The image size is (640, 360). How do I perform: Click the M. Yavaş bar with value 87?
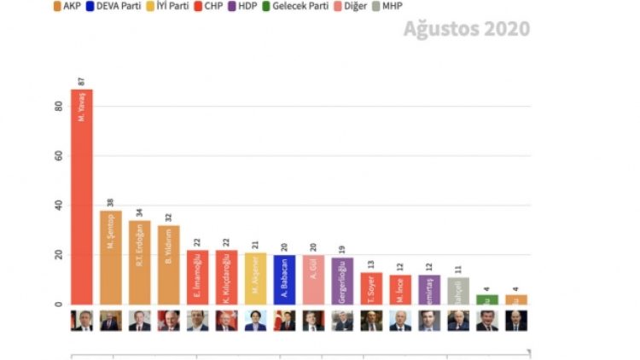point(81,196)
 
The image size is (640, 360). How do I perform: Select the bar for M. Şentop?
point(110,257)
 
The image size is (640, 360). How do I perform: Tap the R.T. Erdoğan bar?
point(139,262)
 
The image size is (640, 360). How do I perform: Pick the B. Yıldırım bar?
point(168,264)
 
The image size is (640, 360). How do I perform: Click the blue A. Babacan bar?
point(284,279)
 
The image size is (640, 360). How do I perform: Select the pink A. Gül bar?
point(313,279)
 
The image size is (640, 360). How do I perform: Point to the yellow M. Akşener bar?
point(255,278)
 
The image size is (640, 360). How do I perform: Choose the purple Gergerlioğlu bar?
point(342,281)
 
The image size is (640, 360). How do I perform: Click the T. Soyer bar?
point(371,288)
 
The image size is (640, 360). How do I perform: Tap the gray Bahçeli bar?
point(458,290)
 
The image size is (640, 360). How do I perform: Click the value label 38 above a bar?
point(110,203)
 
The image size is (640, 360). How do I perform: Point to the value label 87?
point(81,82)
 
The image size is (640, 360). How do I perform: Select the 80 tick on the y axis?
point(58,107)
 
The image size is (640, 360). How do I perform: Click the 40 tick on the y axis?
point(58,206)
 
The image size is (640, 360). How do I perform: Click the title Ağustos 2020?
point(466,29)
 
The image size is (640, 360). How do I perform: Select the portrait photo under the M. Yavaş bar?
point(81,321)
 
